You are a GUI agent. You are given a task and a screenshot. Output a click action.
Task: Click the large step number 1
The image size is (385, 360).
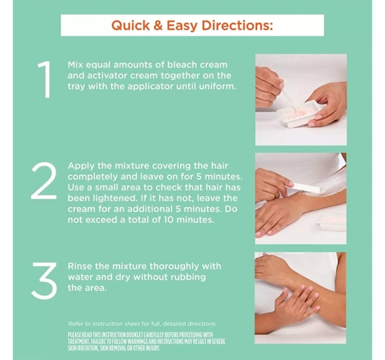click(x=45, y=79)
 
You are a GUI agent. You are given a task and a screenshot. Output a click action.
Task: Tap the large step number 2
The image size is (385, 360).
click(x=44, y=180)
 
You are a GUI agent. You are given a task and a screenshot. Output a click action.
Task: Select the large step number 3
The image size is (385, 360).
click(x=45, y=281)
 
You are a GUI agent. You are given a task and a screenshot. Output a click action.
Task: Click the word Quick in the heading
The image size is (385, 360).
click(x=131, y=25)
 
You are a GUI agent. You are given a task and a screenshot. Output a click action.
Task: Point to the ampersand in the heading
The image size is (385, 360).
click(x=158, y=25)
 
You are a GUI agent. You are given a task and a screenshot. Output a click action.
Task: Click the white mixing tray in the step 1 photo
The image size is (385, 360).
click(x=301, y=114)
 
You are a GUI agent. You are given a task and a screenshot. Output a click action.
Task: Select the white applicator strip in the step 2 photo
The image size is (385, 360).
click(x=304, y=188)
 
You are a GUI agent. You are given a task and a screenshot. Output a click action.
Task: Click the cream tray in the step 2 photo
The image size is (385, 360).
click(x=331, y=222)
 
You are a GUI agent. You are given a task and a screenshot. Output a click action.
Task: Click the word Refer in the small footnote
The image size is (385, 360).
click(x=76, y=324)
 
